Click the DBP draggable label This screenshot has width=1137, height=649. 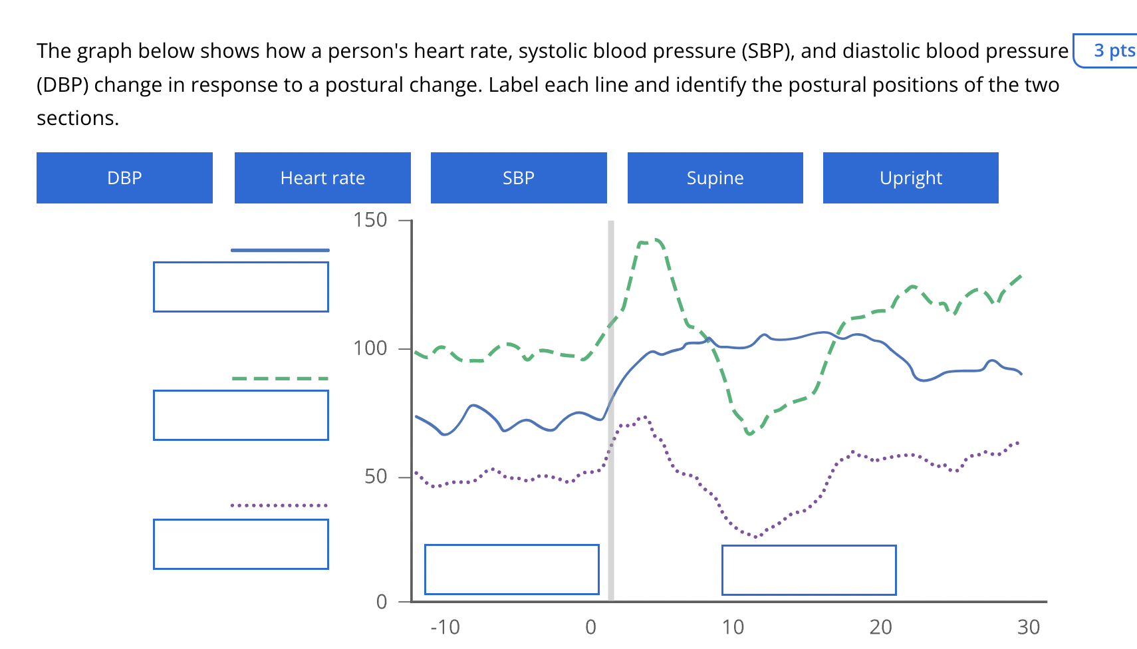point(124,178)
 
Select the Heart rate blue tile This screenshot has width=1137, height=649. point(322,178)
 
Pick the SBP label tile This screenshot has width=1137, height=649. point(519,178)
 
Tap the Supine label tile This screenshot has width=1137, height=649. point(715,178)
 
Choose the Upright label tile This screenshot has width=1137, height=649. point(910,178)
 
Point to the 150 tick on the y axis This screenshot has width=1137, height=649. point(370,220)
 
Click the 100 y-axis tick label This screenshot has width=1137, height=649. point(370,348)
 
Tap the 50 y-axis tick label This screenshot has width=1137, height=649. point(376,477)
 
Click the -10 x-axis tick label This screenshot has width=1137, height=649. point(445,627)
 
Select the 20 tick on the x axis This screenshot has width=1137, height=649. point(880,627)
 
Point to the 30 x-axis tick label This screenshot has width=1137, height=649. point(1028,627)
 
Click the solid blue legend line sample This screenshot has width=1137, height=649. point(280,250)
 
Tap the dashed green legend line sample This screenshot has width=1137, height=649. point(280,378)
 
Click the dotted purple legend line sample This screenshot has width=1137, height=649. point(280,505)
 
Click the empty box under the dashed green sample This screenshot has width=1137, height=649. point(241,415)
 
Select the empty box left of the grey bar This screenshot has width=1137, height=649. point(511,569)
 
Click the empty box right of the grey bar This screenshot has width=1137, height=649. point(809,570)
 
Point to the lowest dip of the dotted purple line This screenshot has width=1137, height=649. point(755,536)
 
